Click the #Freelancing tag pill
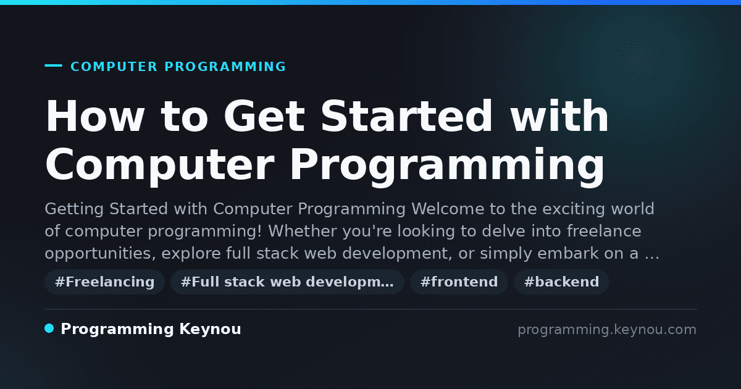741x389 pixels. click(104, 282)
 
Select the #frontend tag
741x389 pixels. click(459, 282)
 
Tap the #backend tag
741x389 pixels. click(561, 282)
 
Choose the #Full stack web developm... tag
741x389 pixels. click(287, 282)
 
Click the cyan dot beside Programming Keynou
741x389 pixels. click(49, 328)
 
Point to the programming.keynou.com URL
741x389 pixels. click(607, 330)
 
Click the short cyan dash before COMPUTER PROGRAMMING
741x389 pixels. click(53, 65)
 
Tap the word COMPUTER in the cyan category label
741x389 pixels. click(114, 67)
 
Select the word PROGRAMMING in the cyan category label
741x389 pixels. click(225, 67)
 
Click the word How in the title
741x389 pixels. click(94, 116)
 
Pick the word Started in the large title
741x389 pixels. click(406, 116)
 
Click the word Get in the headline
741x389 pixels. click(264, 116)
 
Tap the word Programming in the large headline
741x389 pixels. click(447, 165)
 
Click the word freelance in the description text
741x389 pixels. click(604, 230)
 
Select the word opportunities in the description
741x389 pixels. click(100, 254)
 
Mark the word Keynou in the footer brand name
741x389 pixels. click(210, 330)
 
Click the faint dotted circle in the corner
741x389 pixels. click(638, 61)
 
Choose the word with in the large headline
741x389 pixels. click(559, 116)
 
